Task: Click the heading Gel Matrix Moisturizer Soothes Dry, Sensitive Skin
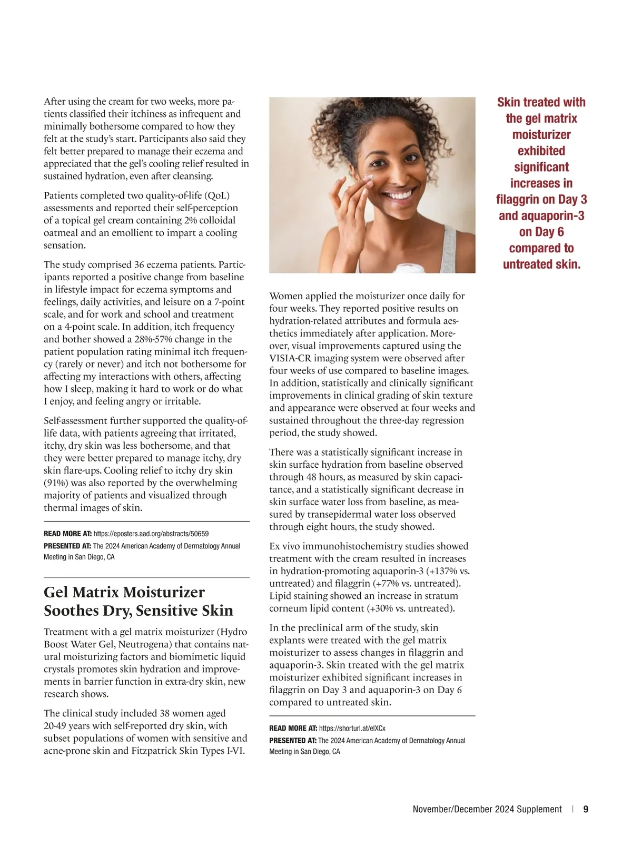tap(138, 601)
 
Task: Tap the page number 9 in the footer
tap(586, 809)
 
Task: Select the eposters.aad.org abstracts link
tap(151, 534)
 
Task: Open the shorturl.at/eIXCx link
tap(352, 728)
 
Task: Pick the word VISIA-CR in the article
tap(288, 358)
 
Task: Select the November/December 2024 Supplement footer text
tap(487, 809)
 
